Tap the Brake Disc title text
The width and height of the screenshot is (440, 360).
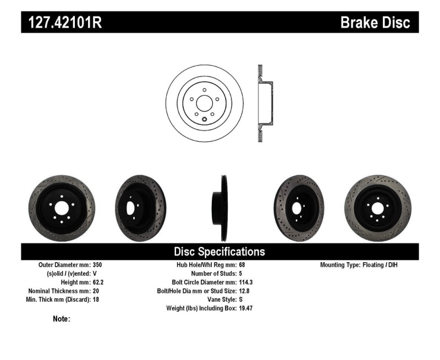point(375,23)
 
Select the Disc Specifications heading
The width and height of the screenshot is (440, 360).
point(219,252)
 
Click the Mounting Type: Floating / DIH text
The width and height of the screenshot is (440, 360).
point(359,265)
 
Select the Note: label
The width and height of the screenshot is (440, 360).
point(62,319)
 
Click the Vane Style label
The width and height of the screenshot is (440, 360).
point(219,300)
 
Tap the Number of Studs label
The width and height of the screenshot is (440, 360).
point(213,274)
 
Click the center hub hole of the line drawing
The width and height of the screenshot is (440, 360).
point(204,103)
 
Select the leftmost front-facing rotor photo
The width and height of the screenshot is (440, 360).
point(62,208)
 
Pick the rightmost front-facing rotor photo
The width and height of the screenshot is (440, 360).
point(377,208)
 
